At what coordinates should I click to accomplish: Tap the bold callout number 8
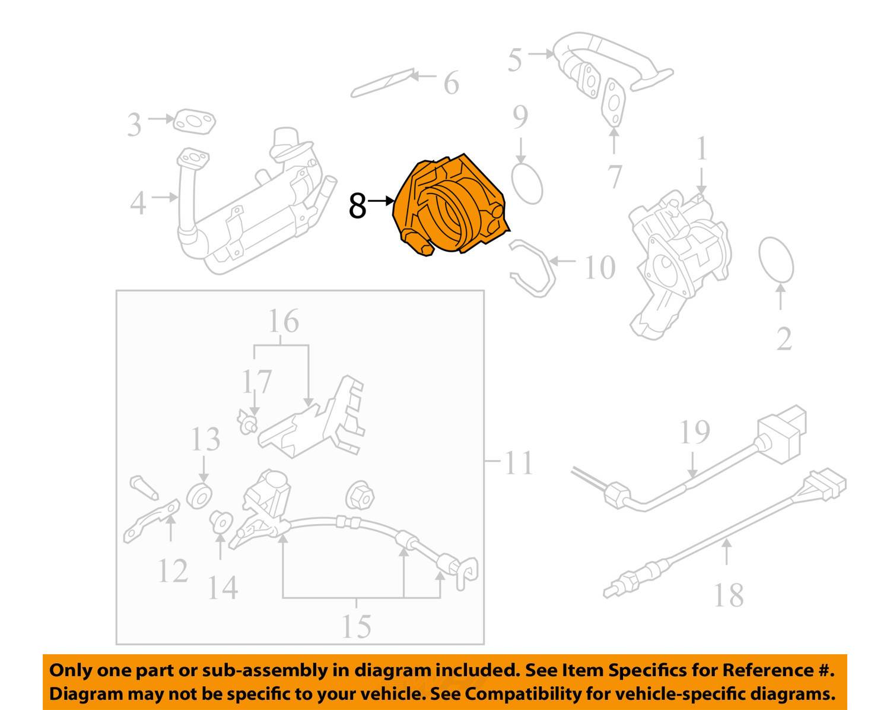pos(357,205)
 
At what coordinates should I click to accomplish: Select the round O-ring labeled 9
pos(526,183)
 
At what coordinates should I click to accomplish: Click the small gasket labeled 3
pos(194,122)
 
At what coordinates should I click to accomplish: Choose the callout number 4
pos(138,203)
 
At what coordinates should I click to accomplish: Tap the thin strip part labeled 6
pos(383,83)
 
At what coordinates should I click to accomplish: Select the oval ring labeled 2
pos(776,260)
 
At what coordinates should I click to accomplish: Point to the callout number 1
pos(701,148)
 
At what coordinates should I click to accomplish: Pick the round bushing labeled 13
pos(199,496)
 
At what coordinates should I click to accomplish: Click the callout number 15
pos(356,626)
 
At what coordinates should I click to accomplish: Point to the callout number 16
pos(283,322)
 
